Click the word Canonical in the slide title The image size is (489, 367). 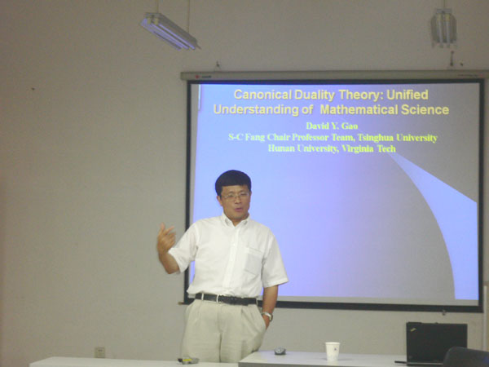[262, 95]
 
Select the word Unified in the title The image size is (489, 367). [407, 95]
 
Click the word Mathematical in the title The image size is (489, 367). [359, 109]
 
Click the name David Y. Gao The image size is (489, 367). [332, 126]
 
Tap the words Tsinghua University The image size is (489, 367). [398, 137]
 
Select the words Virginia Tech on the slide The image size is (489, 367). [368, 148]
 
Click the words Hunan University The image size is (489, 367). [303, 148]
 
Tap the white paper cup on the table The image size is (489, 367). [333, 352]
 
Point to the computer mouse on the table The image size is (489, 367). [280, 351]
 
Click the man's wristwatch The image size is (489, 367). [267, 315]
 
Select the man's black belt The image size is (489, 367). [226, 299]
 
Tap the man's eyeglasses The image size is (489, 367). [236, 197]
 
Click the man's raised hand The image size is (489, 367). [165, 238]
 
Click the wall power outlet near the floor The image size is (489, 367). [99, 352]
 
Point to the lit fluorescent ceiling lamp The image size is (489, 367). [170, 31]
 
